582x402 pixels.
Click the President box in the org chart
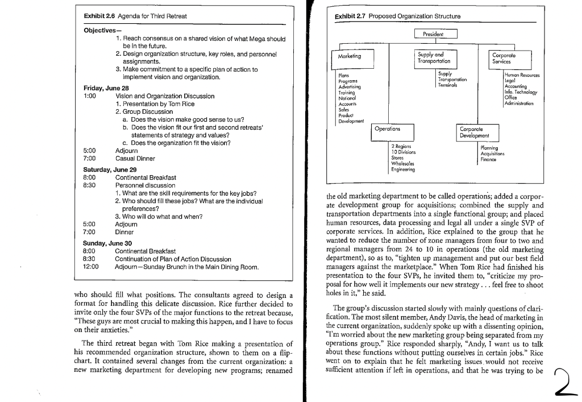436,35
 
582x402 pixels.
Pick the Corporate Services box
511,57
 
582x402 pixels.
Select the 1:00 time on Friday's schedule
89,96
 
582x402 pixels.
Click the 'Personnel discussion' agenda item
145,185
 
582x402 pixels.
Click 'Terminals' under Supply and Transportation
448,85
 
